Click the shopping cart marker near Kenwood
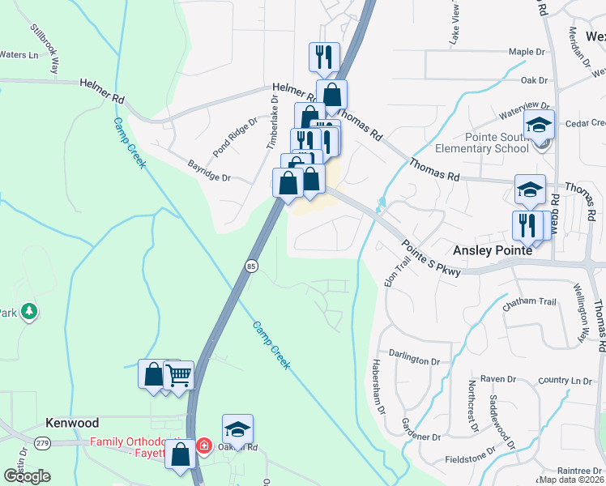tap(178, 376)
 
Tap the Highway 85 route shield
tap(251, 265)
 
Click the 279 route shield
tap(43, 443)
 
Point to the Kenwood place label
tap(72, 424)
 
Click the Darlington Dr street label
tap(419, 354)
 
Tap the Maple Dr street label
tap(527, 52)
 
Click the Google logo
tap(28, 476)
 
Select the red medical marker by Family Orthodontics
tap(203, 445)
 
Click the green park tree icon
tap(29, 311)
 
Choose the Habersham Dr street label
tap(378, 387)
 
